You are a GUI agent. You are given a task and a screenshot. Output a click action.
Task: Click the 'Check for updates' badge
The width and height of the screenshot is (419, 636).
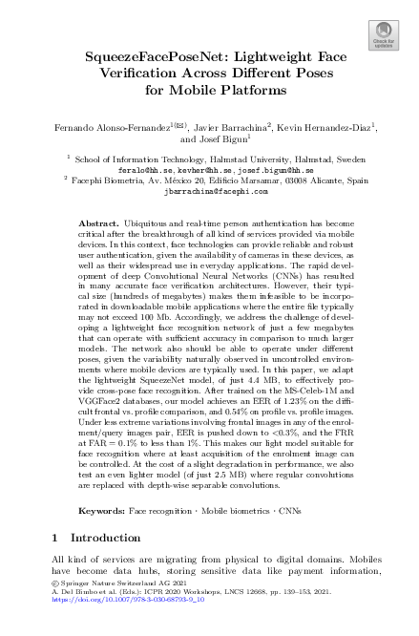[x=383, y=38]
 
